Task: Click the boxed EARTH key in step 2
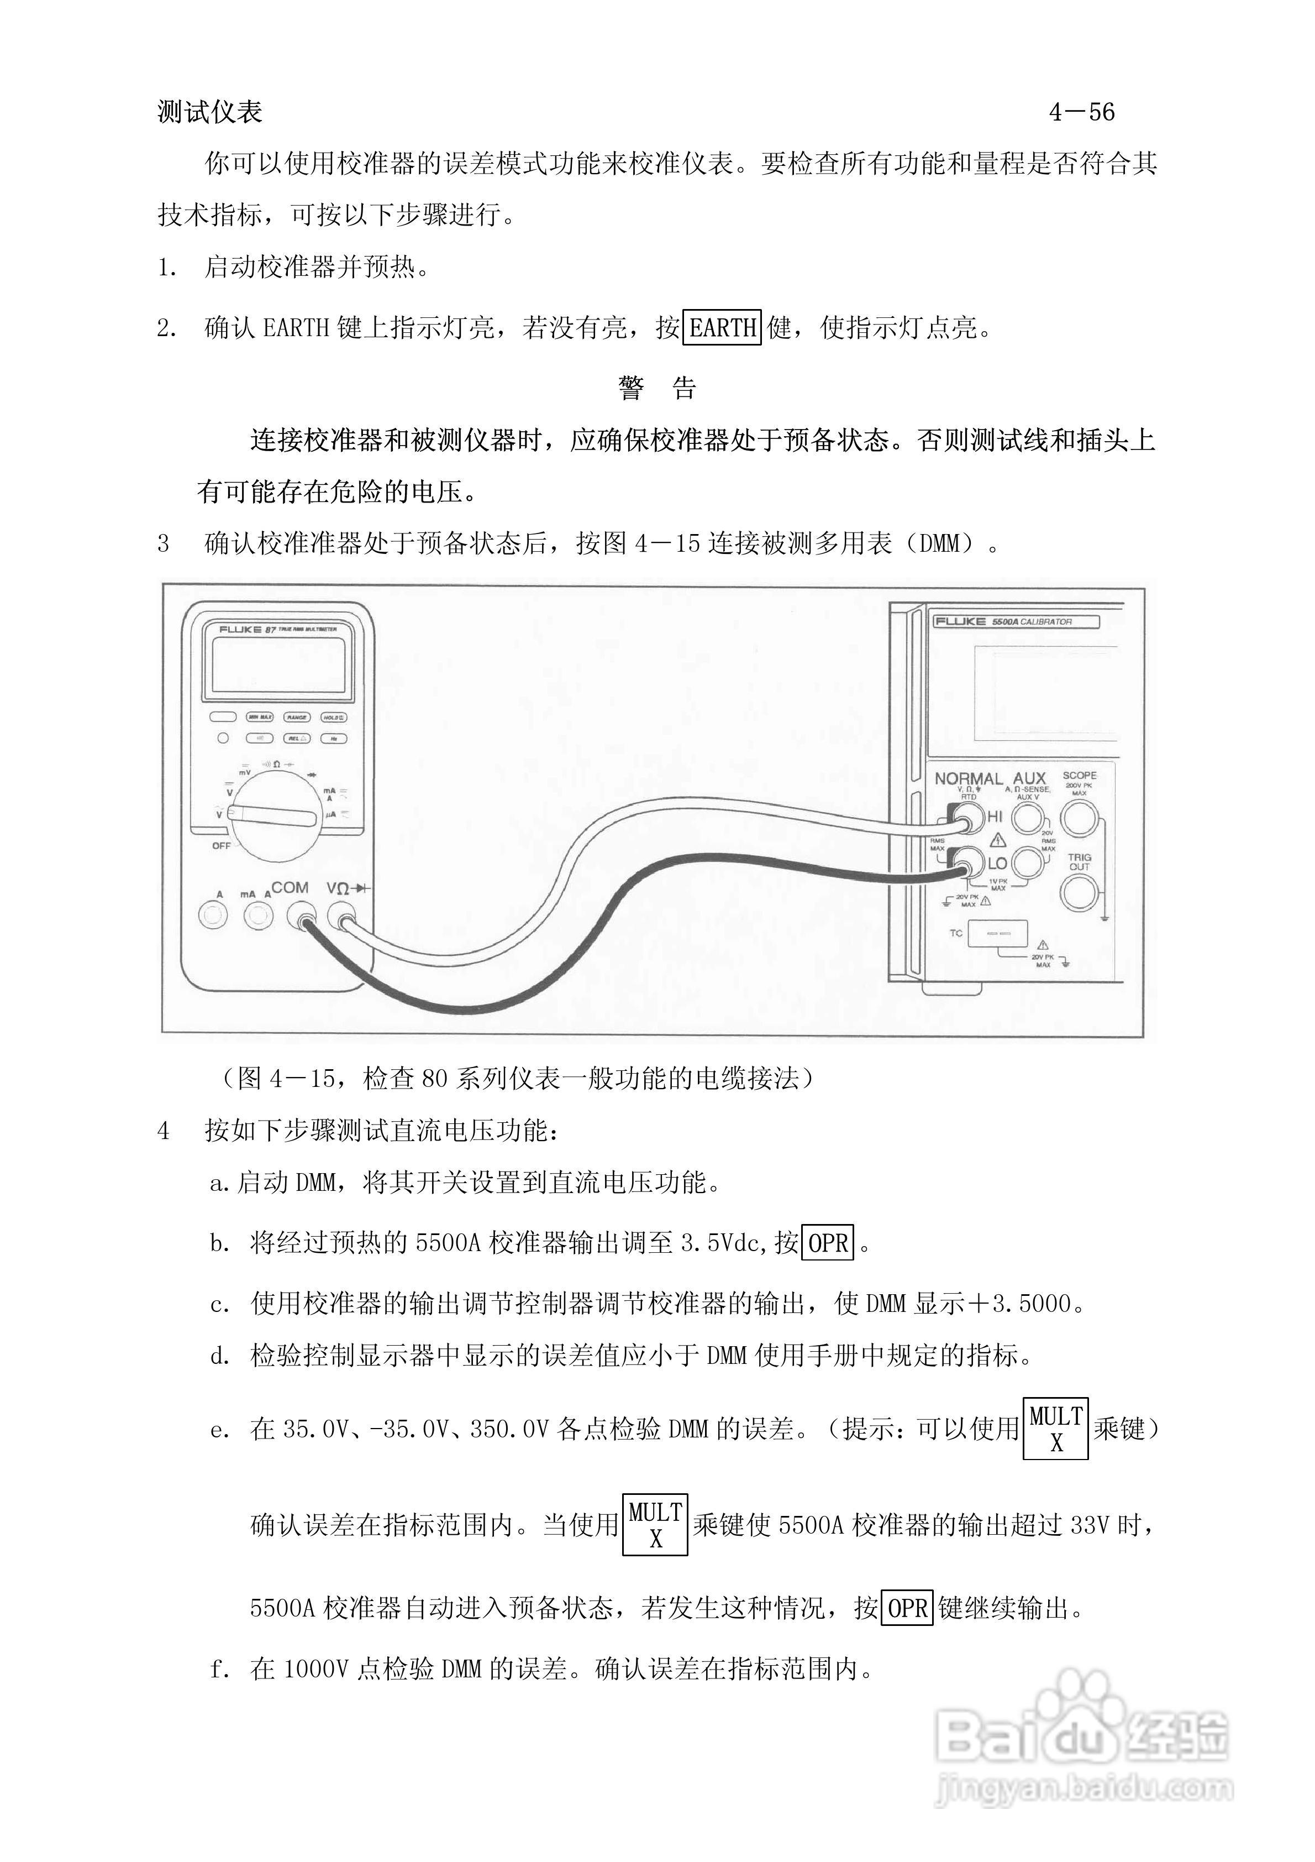tap(722, 328)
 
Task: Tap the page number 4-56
tap(1081, 112)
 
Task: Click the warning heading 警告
tap(657, 388)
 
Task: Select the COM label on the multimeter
tap(290, 888)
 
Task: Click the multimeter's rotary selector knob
tap(273, 815)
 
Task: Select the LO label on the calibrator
tap(997, 864)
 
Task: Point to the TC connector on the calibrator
tap(997, 933)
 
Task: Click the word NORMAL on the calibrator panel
tap(968, 778)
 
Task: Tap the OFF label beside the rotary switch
tap(222, 846)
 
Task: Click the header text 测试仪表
tap(210, 112)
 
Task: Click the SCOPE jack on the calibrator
tap(1079, 819)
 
